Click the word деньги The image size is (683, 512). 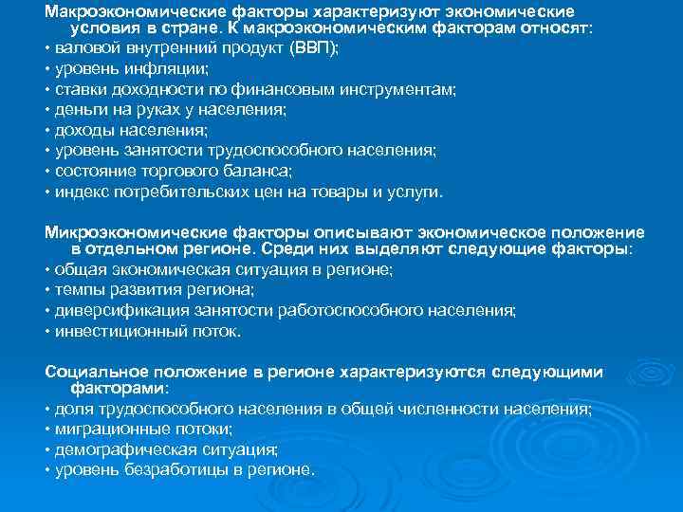pos(77,110)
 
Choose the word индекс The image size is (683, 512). pos(80,192)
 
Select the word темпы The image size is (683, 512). pos(77,290)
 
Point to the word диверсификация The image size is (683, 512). pos(112,311)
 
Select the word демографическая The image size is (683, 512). pos(115,449)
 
